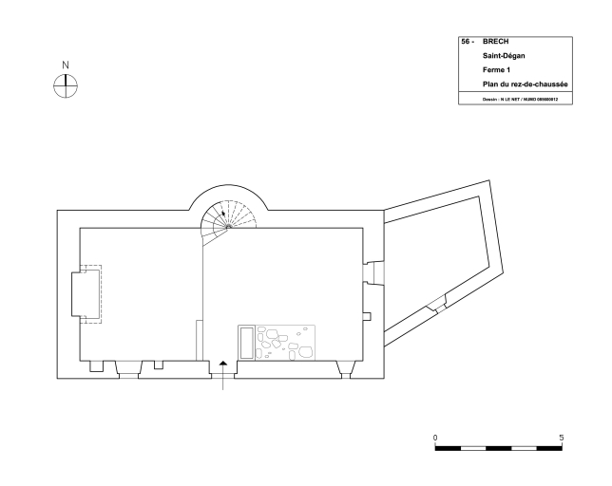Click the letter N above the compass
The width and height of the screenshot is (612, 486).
(x=66, y=65)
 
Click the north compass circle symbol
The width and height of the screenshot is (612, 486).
(x=66, y=85)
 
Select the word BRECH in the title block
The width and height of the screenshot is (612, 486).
(x=495, y=42)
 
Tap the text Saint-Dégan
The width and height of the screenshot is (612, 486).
(x=504, y=56)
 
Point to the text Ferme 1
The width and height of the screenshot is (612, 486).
(x=496, y=70)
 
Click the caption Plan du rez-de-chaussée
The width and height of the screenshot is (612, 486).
(x=525, y=84)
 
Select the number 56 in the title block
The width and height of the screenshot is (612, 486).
(x=466, y=42)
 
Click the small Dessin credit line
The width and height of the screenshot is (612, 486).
(x=520, y=100)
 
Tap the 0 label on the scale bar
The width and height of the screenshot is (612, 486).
(x=435, y=438)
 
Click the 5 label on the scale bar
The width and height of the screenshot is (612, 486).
(x=562, y=438)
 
